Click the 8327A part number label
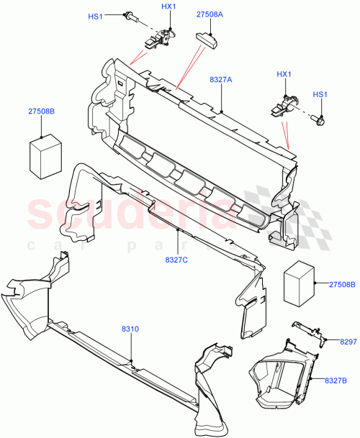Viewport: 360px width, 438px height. point(220,81)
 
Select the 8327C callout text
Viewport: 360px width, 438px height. point(176,259)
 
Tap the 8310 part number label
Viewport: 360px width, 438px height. point(131,329)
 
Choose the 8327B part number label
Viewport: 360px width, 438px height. point(337,380)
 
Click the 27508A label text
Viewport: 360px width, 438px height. point(210,14)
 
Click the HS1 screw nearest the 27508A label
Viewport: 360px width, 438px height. point(133,15)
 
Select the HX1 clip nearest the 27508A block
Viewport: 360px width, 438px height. point(161,40)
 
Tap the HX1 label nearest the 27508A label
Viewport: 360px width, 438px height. point(168,6)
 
